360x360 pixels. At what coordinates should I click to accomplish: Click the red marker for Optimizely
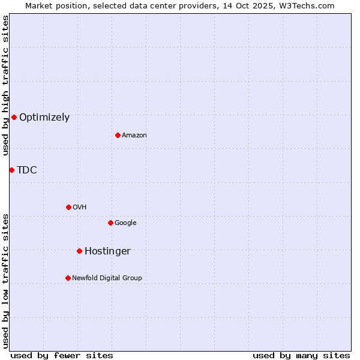(14, 117)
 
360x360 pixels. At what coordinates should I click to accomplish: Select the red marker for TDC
(11, 170)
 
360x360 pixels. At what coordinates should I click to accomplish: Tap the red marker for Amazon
(118, 135)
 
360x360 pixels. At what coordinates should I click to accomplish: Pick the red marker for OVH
(68, 207)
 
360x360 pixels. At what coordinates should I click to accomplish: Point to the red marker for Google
(110, 223)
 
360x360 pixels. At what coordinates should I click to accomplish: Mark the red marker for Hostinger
(79, 251)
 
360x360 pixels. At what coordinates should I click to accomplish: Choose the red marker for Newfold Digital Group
(68, 278)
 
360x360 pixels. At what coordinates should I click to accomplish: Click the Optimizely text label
(44, 118)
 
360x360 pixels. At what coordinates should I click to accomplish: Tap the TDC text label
(27, 170)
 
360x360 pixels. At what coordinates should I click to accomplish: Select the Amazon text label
(134, 136)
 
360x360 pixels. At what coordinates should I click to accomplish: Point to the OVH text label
(80, 208)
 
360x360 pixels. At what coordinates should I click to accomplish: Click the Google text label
(125, 223)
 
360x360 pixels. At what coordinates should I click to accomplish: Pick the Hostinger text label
(107, 251)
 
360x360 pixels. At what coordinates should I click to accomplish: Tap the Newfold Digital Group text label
(107, 278)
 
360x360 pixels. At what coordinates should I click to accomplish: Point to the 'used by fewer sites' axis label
(62, 355)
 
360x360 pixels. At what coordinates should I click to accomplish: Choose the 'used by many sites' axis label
(301, 355)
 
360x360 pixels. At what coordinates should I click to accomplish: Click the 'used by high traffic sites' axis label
(5, 85)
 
